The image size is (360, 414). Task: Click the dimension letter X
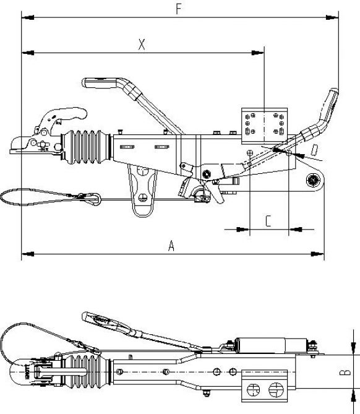[142, 44]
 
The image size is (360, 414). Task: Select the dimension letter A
[172, 246]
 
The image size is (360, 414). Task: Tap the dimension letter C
[268, 220]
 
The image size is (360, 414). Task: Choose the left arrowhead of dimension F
[25, 17]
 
